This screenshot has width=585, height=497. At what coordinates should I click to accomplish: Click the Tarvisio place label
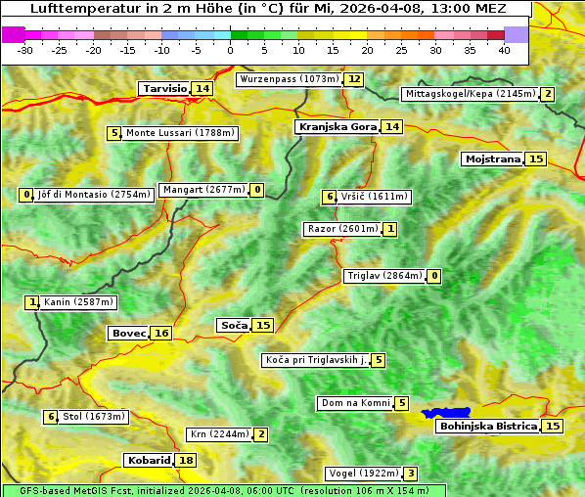pos(164,89)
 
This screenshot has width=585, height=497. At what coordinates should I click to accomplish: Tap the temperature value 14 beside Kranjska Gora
pos(392,127)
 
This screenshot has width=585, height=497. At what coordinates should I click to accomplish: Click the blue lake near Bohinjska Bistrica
pos(446,414)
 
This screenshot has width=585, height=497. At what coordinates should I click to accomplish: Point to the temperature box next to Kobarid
pos(186,461)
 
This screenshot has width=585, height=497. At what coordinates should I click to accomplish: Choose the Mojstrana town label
pos(493,158)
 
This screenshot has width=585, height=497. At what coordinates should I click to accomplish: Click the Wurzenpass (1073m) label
pos(290,79)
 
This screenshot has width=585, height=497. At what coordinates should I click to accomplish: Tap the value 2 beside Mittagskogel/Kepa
pos(548,94)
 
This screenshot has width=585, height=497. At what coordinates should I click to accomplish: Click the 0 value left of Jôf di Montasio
pos(26,195)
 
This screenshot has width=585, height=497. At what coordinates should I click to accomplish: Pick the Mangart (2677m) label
pos(204,190)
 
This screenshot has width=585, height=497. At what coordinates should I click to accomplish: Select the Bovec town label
pos(128,334)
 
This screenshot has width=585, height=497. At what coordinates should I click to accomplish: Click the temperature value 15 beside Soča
pos(262,325)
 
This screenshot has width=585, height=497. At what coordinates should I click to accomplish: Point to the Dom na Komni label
pos(355,403)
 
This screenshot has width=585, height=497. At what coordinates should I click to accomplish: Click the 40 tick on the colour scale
pos(504,50)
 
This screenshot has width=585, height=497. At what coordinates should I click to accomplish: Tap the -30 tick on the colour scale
pos(25,50)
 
